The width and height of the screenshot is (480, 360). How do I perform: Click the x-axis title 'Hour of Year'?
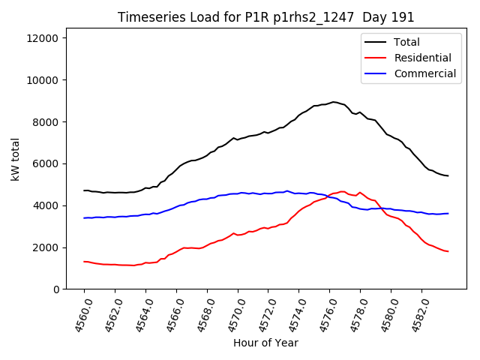click(265, 343)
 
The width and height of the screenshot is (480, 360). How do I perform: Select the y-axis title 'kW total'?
click(16, 163)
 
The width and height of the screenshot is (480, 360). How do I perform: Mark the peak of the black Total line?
click(334, 101)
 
